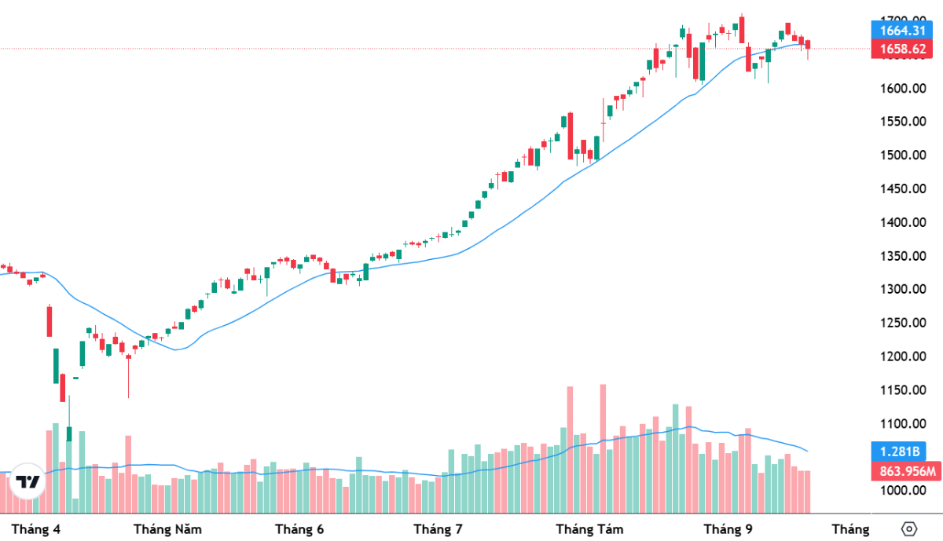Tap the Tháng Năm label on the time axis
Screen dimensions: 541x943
(167, 529)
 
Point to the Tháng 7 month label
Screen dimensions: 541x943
(437, 529)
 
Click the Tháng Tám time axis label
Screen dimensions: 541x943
(589, 529)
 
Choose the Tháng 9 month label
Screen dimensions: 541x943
(728, 529)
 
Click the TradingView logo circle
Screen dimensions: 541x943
(28, 481)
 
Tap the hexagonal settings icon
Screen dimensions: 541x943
(909, 528)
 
